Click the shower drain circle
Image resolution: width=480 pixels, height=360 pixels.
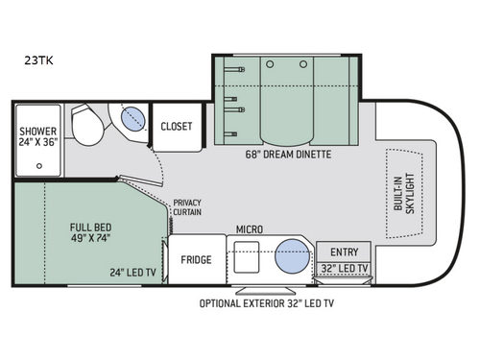point(38,165)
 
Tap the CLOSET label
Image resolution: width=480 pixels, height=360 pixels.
point(176,126)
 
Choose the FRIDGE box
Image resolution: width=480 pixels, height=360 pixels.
point(196,259)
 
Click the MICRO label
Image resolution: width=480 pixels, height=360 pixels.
point(251,231)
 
